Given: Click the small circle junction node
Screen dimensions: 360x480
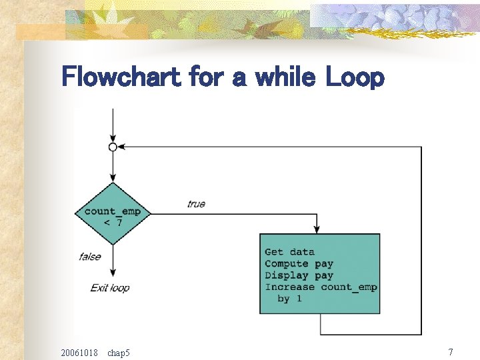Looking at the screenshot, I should (113, 147).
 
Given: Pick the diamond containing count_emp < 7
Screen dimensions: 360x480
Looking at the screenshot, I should (113, 213).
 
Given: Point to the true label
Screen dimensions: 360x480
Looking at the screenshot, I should (196, 204).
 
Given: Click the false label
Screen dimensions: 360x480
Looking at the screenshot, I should (89, 256).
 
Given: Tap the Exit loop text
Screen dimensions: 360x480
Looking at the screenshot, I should (110, 288).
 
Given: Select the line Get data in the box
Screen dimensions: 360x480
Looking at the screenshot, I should (289, 252).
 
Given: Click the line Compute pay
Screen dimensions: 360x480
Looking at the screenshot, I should (299, 264).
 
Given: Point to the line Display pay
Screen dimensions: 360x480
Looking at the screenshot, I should (299, 275).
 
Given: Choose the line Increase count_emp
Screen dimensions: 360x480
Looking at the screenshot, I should (321, 287).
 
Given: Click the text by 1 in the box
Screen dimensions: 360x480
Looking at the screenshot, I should (289, 299).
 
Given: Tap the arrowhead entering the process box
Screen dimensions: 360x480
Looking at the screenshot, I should (319, 229).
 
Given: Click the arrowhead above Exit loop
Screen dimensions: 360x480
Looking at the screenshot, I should (113, 273).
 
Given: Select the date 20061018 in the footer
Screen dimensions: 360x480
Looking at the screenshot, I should (79, 352).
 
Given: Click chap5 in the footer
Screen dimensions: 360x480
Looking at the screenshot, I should (119, 352).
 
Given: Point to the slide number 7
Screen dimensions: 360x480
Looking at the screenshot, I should (451, 351).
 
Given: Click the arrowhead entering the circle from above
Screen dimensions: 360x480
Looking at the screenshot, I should (113, 138).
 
